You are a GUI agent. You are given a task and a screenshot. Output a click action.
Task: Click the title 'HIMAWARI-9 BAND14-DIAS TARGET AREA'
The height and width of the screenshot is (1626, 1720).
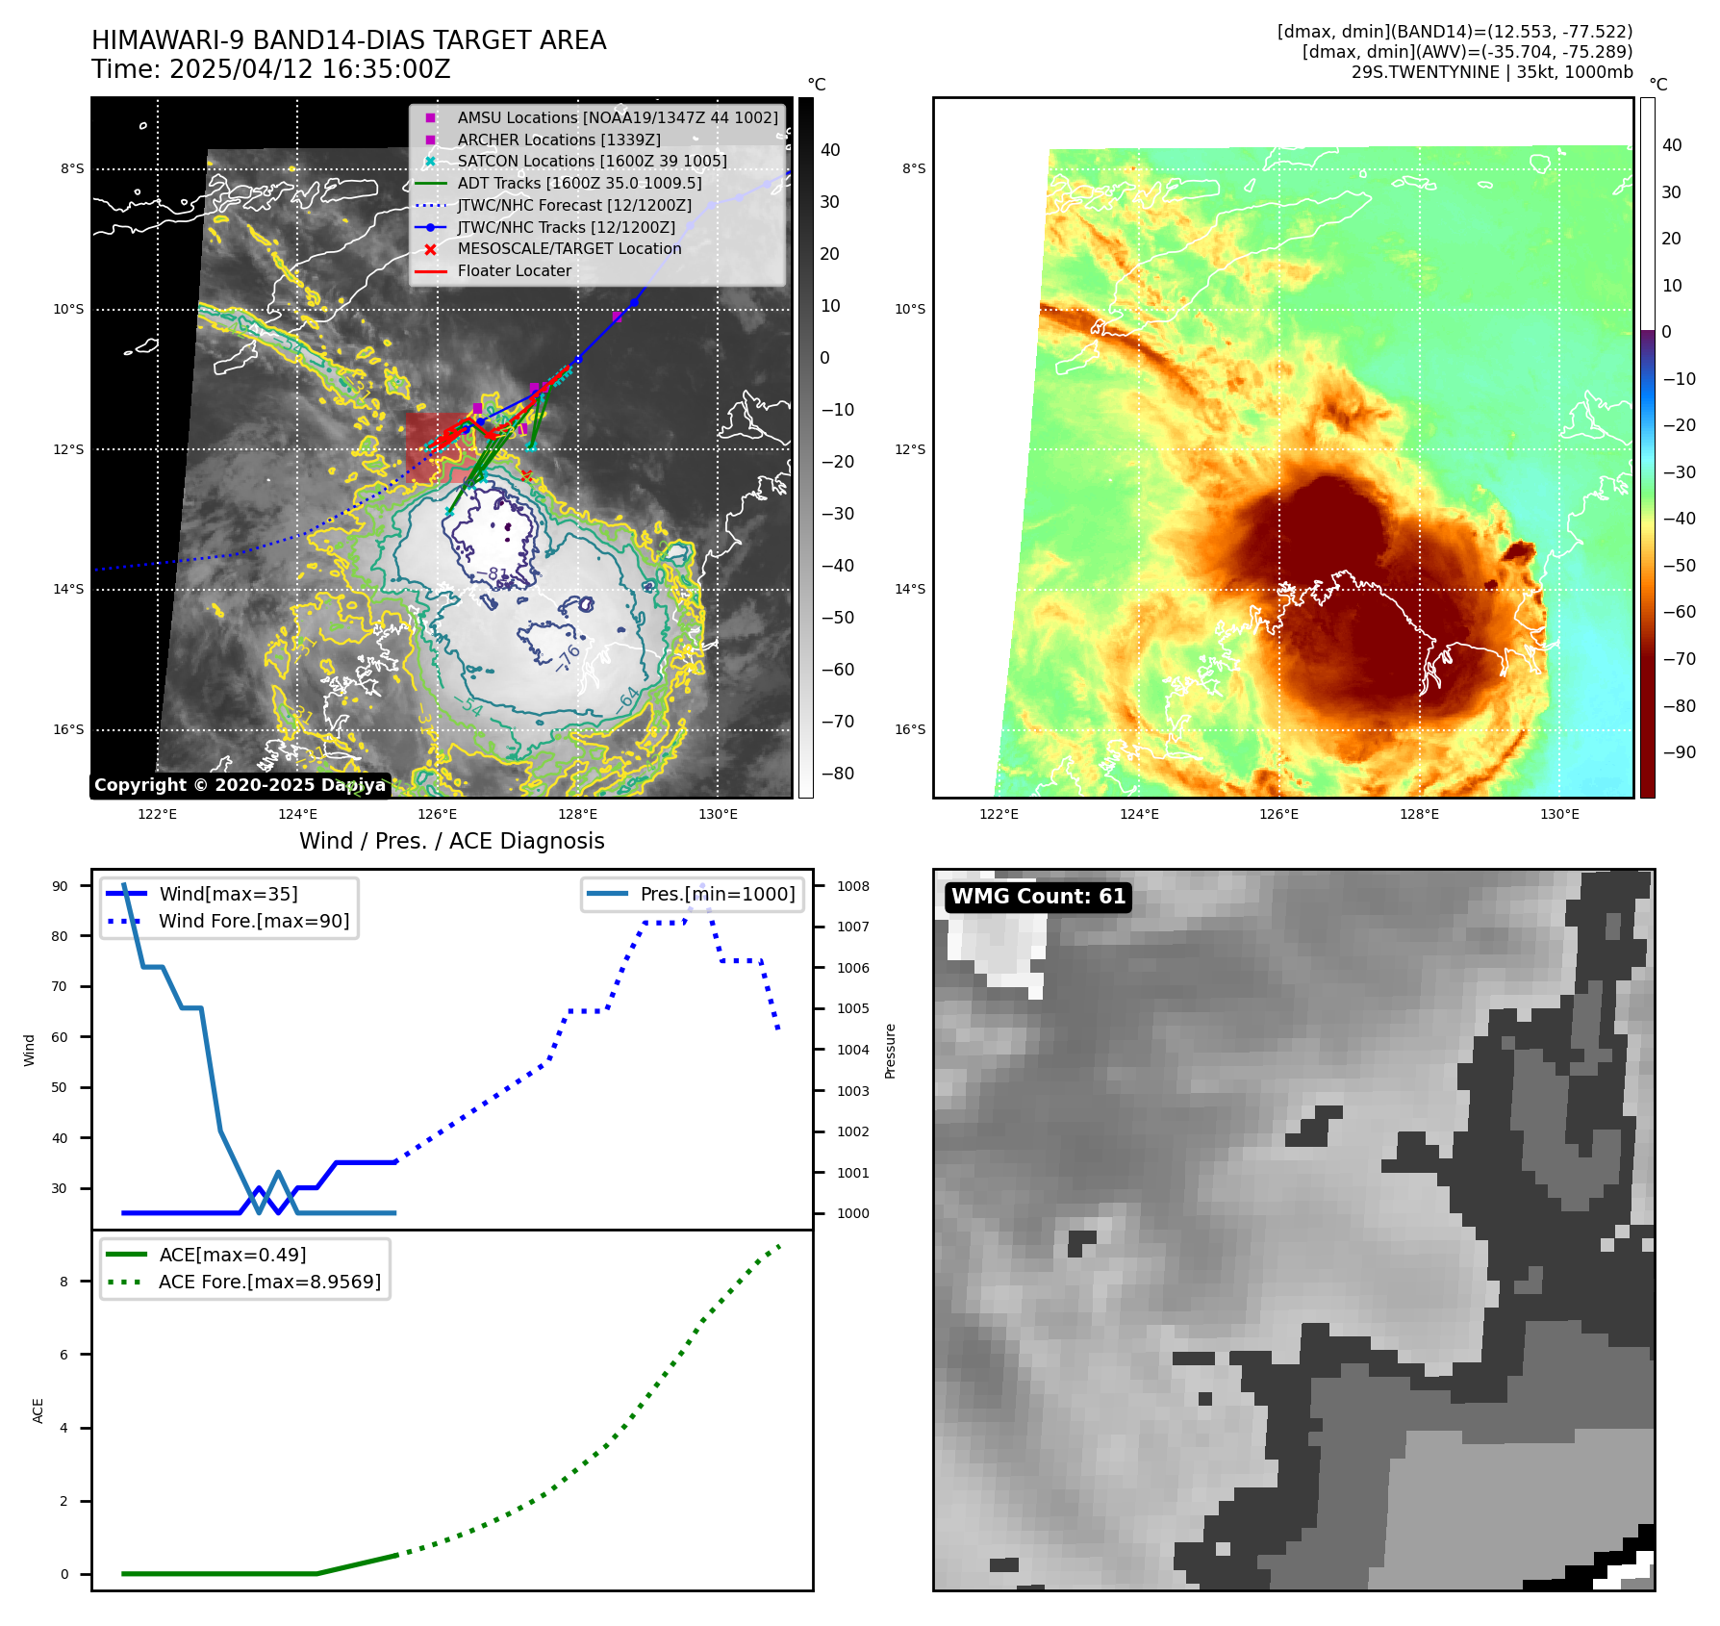click(348, 40)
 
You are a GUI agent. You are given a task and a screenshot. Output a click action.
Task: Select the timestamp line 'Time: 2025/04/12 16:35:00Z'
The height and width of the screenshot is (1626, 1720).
click(270, 69)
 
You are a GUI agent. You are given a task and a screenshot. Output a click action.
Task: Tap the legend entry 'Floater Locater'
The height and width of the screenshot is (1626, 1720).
click(514, 271)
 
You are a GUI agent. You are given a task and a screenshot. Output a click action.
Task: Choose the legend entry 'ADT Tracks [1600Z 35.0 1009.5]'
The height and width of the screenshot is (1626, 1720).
click(579, 183)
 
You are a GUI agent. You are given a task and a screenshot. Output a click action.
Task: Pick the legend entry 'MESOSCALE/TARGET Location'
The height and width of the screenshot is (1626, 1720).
click(569, 249)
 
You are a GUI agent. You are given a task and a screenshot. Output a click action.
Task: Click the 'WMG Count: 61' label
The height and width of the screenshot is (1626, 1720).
click(1038, 897)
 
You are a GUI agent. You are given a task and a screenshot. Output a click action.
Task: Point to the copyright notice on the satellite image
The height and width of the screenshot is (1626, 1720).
click(240, 785)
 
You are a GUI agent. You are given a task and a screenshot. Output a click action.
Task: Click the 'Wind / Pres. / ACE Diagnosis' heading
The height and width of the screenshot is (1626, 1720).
click(451, 841)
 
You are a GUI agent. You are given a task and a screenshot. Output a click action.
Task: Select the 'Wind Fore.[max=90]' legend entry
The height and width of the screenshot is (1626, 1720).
click(254, 922)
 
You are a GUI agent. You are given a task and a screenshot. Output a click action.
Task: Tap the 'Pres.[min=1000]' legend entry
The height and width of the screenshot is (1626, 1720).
click(717, 895)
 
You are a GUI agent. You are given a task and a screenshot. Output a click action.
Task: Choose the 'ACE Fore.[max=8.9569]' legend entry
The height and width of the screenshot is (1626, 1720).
click(269, 1283)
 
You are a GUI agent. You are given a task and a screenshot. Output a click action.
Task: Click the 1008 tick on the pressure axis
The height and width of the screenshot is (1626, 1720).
click(852, 886)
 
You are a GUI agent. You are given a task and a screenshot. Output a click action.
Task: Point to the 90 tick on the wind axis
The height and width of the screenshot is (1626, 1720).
click(60, 886)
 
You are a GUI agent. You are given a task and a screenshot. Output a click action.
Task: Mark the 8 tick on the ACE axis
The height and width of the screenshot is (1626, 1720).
click(63, 1282)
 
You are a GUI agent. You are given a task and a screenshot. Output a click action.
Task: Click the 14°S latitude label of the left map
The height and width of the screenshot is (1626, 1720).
click(68, 590)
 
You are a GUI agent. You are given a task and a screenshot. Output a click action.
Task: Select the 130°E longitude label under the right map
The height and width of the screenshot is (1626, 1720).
click(1559, 814)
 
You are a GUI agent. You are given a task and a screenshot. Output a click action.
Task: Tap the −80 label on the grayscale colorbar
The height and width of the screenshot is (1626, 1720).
click(837, 774)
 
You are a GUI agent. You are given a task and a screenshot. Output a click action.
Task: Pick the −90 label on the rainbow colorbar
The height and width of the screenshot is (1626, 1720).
click(1679, 752)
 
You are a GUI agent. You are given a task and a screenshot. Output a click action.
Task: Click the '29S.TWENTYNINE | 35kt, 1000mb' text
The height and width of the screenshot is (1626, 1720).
click(1491, 72)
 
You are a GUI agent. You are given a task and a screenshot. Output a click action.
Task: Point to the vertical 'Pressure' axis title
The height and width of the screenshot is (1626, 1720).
click(891, 1051)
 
